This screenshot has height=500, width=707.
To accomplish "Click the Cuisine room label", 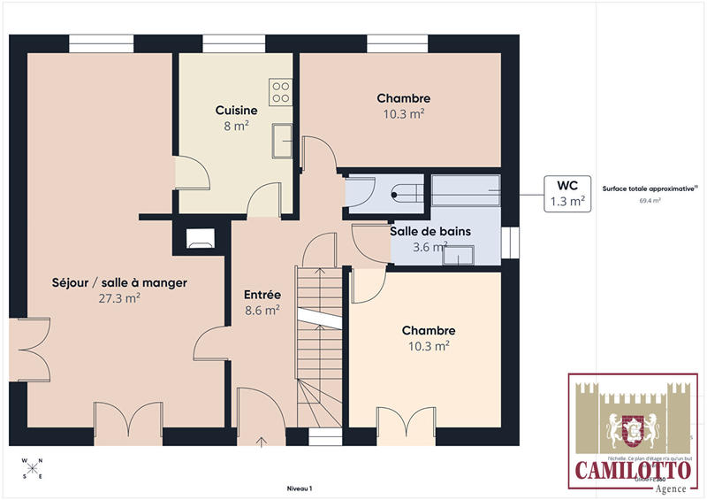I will click(x=236, y=111).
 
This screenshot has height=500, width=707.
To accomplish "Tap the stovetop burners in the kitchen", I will click(x=281, y=91).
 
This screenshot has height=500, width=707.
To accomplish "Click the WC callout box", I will click(x=566, y=194).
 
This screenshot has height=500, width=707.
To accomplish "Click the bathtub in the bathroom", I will click(x=466, y=190).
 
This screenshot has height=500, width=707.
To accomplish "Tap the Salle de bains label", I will click(x=430, y=231).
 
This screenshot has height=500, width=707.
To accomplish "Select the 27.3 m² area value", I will click(x=120, y=298).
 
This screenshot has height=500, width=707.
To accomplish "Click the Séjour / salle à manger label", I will click(x=119, y=282).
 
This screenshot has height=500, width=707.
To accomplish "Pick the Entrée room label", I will click(x=262, y=295).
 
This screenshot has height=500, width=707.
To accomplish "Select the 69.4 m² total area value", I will click(x=650, y=201).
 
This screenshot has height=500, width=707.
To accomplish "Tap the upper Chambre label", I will click(x=403, y=98).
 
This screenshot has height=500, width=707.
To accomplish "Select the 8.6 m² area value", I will click(x=262, y=311).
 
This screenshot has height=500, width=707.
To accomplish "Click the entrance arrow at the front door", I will click(x=262, y=440).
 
